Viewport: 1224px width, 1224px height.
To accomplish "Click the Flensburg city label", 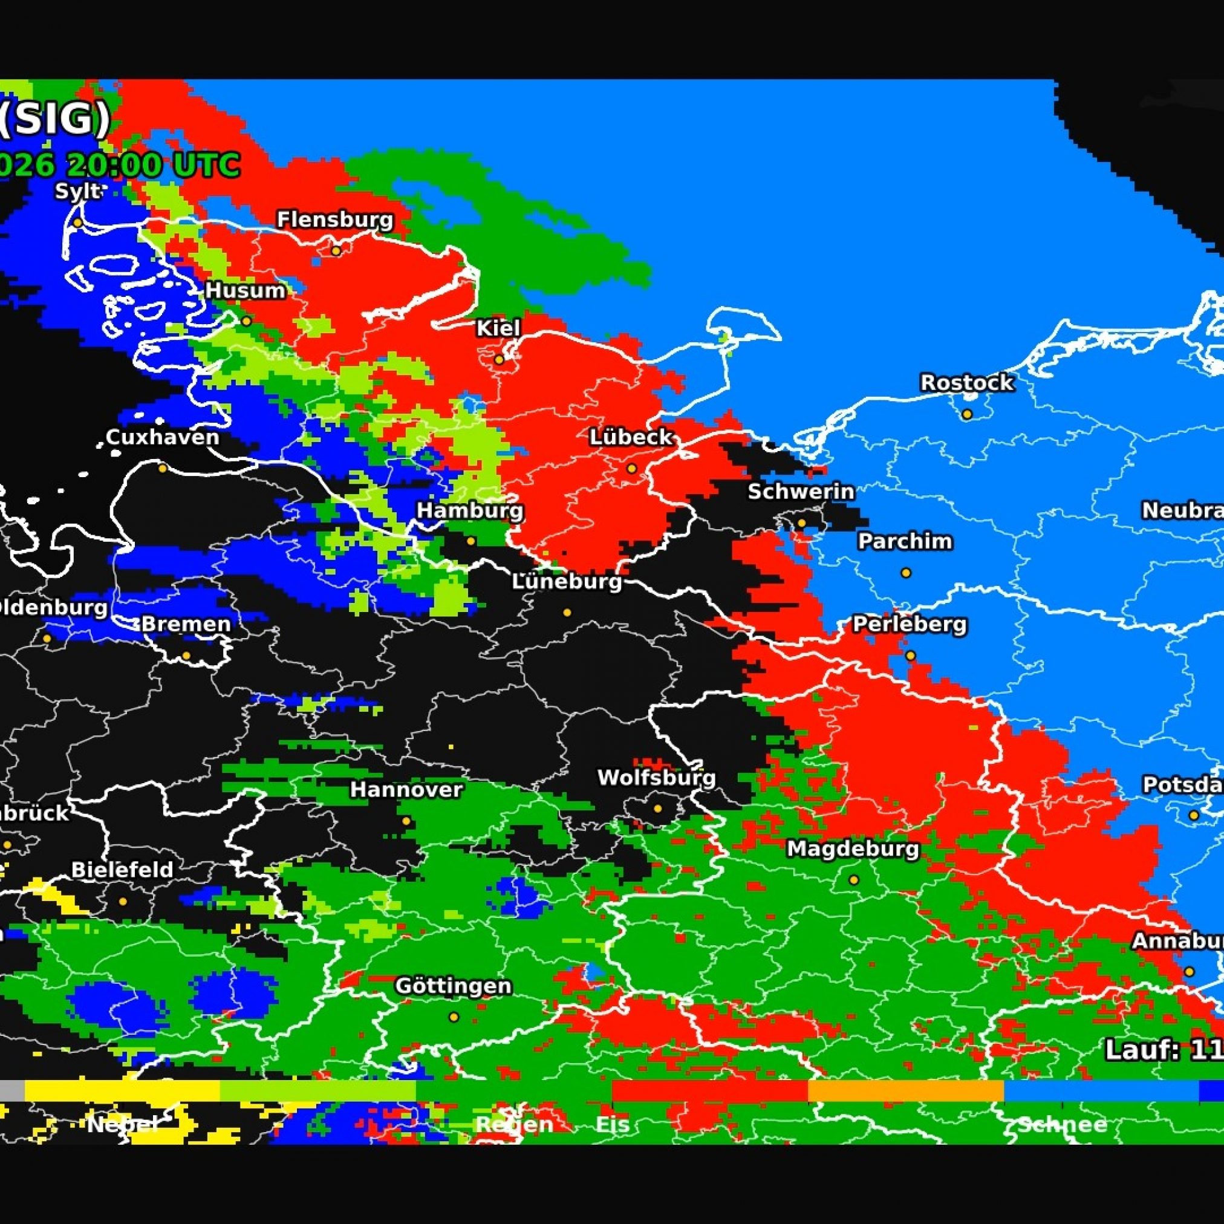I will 335,220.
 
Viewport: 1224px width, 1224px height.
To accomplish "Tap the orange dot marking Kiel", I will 500,360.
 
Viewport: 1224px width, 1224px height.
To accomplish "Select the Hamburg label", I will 469,510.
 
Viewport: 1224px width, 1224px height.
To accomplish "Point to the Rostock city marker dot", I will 967,414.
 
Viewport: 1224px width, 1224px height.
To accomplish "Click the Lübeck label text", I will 631,437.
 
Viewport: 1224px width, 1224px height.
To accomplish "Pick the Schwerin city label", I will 801,492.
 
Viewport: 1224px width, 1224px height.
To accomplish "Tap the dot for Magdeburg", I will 853,880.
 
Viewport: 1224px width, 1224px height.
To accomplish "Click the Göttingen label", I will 453,986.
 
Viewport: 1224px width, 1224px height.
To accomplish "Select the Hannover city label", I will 406,789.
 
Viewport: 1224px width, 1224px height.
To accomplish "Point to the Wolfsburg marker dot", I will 657,809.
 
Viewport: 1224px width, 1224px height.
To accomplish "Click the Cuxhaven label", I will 162,437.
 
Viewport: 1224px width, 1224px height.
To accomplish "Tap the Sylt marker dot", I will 77,223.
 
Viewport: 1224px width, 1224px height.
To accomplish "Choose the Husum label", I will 245,291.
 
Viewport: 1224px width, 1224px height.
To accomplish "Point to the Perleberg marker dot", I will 910,656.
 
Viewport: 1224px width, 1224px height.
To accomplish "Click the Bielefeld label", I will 122,870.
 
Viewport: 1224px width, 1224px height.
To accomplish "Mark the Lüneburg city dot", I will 567,613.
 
